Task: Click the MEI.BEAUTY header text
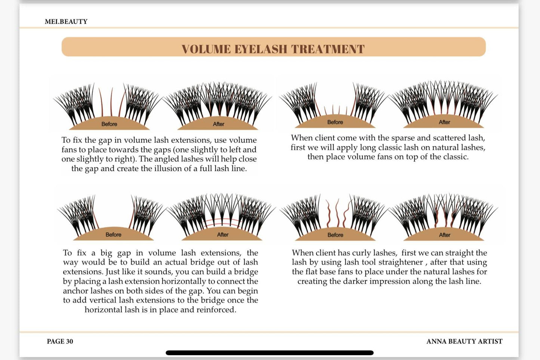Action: point(66,22)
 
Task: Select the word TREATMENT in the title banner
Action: point(328,49)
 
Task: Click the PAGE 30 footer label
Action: point(60,341)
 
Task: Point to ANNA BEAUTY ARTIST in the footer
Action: point(464,341)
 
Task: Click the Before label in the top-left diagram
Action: point(109,124)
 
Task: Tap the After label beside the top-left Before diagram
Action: point(219,124)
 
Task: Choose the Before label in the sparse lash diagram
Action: point(335,122)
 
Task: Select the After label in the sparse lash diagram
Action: point(444,122)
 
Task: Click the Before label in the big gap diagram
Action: point(113,235)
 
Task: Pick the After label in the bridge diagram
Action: point(223,235)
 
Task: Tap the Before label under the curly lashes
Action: point(335,235)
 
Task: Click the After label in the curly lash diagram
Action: point(444,235)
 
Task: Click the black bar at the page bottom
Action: point(269,353)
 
